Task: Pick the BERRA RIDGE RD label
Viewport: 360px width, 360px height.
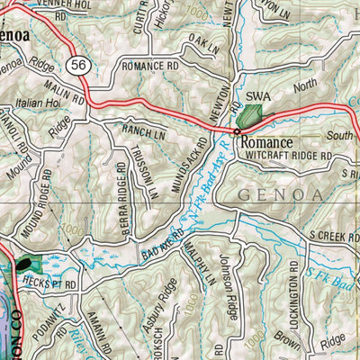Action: tap(121, 199)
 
